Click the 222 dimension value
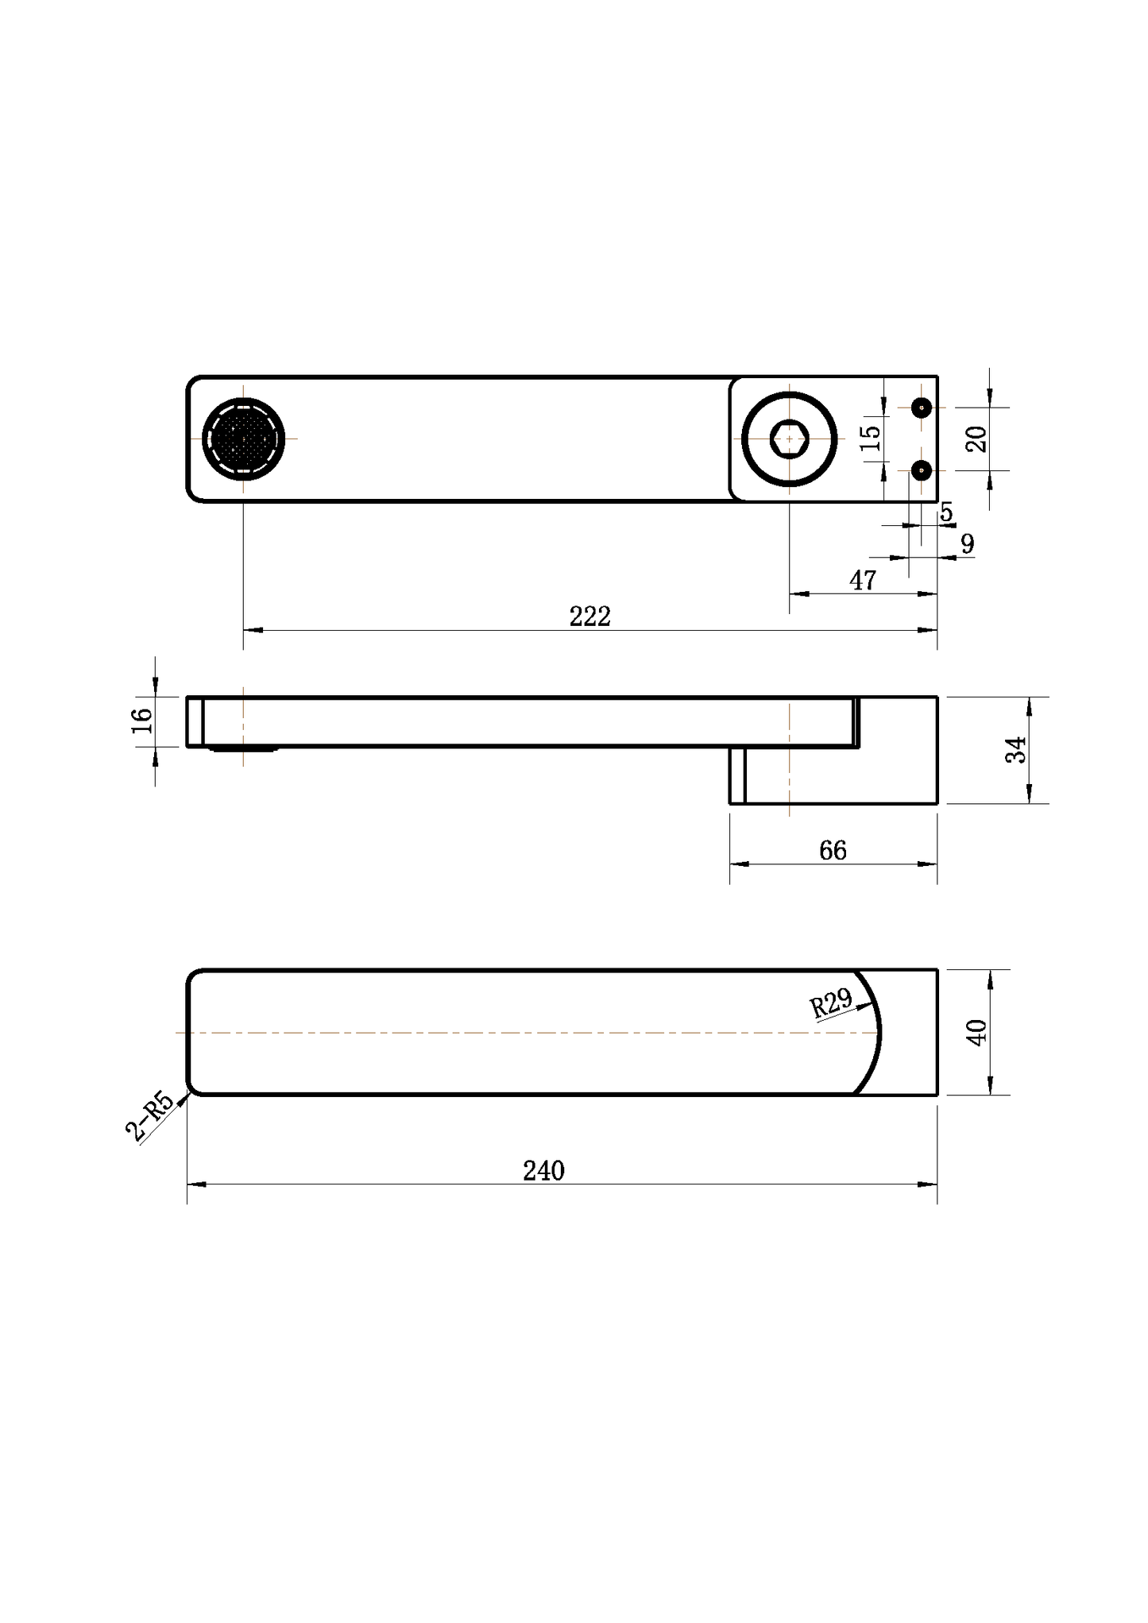point(589,616)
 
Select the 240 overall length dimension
point(543,1171)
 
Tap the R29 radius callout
point(831,1003)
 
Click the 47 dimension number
point(863,581)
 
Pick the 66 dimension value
point(833,851)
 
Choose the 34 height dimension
point(1016,750)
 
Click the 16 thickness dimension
point(141,721)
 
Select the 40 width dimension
point(976,1032)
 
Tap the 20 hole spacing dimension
point(976,439)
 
